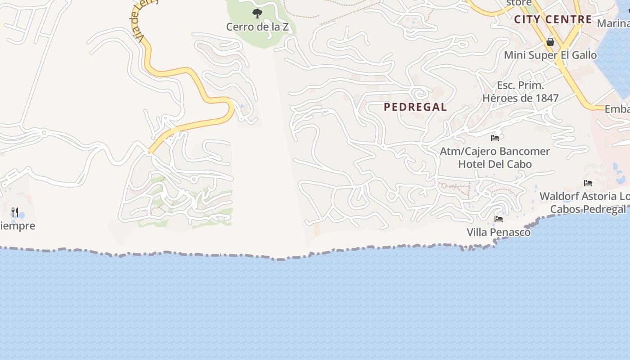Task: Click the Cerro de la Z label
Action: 257,27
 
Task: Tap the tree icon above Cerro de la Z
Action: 257,13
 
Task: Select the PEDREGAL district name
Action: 415,107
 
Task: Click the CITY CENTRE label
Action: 553,19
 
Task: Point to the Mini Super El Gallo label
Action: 550,55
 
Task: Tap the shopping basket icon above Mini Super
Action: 550,42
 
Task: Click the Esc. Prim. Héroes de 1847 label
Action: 521,92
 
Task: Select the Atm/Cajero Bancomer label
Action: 495,151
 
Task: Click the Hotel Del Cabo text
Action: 495,164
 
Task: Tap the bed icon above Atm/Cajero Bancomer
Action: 495,138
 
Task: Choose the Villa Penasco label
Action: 499,233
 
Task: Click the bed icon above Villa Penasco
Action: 499,219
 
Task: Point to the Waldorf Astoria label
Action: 585,197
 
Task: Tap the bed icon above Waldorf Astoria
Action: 588,183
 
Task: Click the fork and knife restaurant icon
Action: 15,212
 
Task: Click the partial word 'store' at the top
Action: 519,3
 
